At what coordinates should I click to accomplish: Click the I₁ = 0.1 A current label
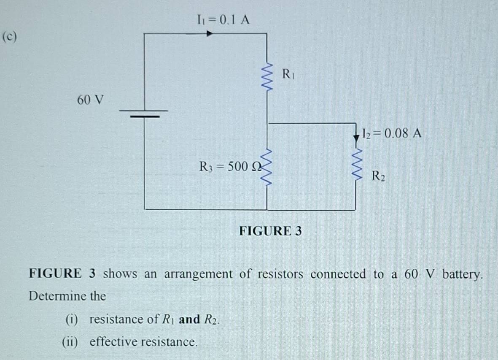pos(223,19)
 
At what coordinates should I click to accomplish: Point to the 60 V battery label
pos(90,100)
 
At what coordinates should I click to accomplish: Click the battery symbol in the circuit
pos(144,113)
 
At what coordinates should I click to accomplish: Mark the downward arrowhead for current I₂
pos(356,138)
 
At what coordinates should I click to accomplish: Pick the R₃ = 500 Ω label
pos(230,167)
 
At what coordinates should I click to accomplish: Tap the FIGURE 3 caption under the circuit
pos(271,231)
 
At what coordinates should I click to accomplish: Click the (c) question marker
pos(9,37)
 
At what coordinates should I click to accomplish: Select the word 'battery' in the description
pos(462,274)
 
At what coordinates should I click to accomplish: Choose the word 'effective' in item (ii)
pos(114,341)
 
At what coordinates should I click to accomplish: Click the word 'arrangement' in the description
pos(198,275)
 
